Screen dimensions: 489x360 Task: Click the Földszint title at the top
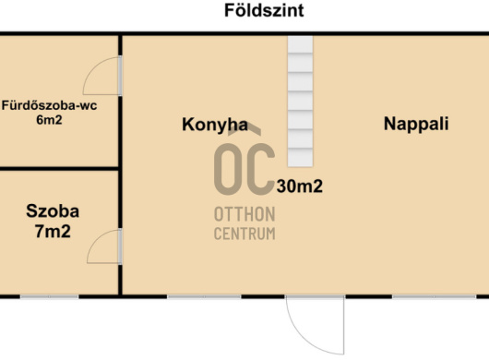[x=264, y=10]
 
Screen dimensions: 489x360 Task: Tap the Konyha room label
[x=215, y=125]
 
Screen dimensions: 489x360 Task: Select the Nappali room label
[x=416, y=124]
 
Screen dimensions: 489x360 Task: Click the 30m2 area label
[x=299, y=186]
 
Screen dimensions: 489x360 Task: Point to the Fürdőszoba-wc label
[x=49, y=105]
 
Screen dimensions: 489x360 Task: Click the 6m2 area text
[x=49, y=120]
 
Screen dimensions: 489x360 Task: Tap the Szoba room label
[x=53, y=210]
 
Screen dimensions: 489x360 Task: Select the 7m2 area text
[x=53, y=232]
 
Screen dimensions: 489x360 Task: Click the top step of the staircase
[x=300, y=44]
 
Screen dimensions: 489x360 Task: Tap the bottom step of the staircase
[x=300, y=158]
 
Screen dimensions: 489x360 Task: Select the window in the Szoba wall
[x=49, y=296]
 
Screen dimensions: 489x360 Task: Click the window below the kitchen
[x=204, y=296]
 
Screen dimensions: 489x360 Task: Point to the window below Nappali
[x=435, y=296]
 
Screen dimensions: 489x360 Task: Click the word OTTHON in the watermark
[x=244, y=215]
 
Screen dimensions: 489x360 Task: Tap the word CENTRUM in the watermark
[x=244, y=234]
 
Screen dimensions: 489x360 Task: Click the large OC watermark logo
[x=244, y=162]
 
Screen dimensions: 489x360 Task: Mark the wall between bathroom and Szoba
[x=59, y=168]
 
